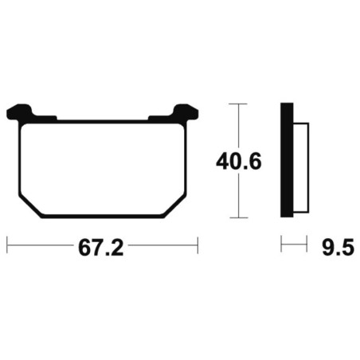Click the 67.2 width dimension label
pos(101,248)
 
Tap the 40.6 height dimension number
pos(239,162)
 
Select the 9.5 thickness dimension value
pos(338,247)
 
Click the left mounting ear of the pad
pos(19,112)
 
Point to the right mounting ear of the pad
pos(186,112)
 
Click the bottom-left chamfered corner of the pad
pos(30,207)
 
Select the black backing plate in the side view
pos(287,160)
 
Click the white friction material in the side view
pos(301,168)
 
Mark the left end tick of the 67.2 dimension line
pos(7,245)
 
